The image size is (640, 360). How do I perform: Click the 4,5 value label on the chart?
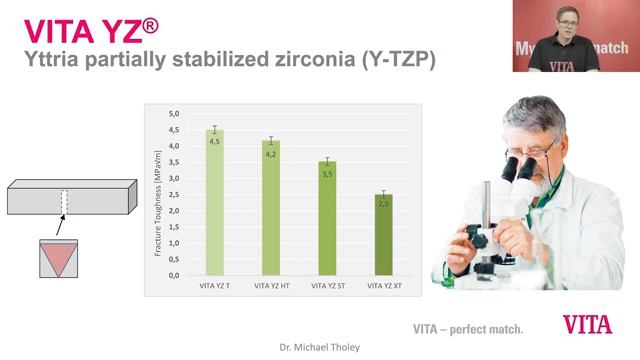(x=214, y=142)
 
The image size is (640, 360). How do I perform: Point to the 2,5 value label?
(x=383, y=204)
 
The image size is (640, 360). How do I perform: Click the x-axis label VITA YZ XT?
(x=383, y=286)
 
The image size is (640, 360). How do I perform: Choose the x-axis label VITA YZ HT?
(x=271, y=286)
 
